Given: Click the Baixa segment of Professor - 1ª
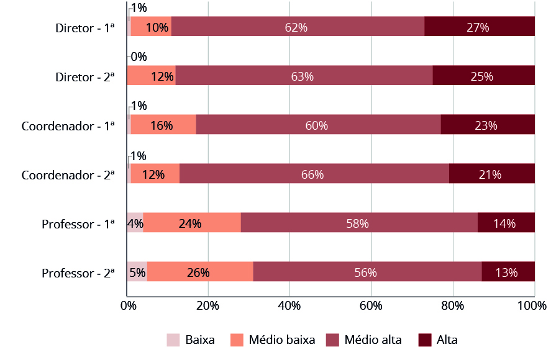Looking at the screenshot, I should pyautogui.click(x=135, y=223).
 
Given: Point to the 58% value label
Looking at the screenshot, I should pyautogui.click(x=358, y=223).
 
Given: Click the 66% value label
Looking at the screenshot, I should pyautogui.click(x=313, y=174).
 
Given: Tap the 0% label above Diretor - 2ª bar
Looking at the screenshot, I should pyautogui.click(x=139, y=57).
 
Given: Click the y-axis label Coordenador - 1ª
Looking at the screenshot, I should pyautogui.click(x=68, y=125).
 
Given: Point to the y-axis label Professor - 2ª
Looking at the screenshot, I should pyautogui.click(x=78, y=273).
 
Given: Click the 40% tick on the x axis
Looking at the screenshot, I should pyautogui.click(x=289, y=305).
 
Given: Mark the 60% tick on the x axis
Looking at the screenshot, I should pyautogui.click(x=371, y=305).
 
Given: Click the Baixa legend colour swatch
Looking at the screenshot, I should pyautogui.click(x=173, y=340).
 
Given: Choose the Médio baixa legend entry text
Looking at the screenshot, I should pyautogui.click(x=281, y=340).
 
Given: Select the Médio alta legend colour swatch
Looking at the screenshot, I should pyautogui.click(x=333, y=340).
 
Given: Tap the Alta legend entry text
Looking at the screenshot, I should pyautogui.click(x=447, y=340).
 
